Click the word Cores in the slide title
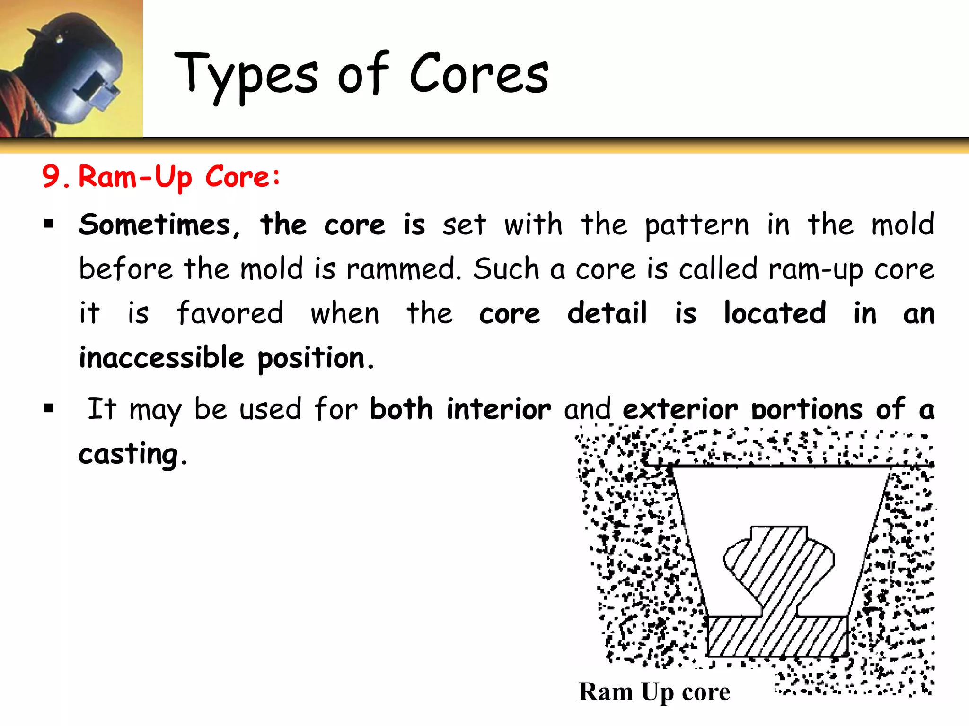[479, 75]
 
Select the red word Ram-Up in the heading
[135, 177]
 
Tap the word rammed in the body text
[403, 269]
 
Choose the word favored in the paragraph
[230, 313]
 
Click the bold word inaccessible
[161, 358]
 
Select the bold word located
[775, 313]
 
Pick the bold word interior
[499, 409]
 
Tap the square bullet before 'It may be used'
[49, 407]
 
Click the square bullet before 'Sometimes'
[49, 223]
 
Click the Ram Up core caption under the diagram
[654, 692]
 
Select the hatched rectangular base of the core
[777, 637]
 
